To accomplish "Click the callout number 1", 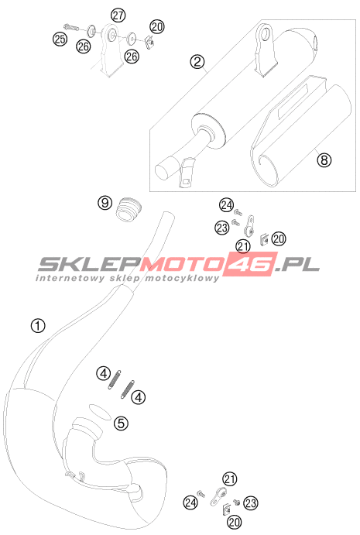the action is click(38, 325).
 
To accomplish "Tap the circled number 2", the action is click(197, 62).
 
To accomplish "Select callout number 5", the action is click(121, 424).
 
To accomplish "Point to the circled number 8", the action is click(324, 159).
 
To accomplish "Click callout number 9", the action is click(105, 203).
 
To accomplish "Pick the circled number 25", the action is click(60, 39).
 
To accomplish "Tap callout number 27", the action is click(118, 15).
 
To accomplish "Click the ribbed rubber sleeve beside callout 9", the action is click(128, 208).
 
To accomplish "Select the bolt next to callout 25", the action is click(71, 26).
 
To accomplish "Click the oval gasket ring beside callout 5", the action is click(100, 412).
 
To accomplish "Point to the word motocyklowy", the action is click(182, 278).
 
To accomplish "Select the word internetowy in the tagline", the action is click(70, 278).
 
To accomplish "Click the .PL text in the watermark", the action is click(298, 265).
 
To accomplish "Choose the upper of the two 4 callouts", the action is click(104, 374).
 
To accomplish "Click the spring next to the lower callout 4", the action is click(127, 389).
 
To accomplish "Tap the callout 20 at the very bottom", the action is click(234, 522).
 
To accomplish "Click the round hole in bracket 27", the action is click(111, 35).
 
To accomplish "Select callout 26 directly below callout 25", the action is click(84, 46).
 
